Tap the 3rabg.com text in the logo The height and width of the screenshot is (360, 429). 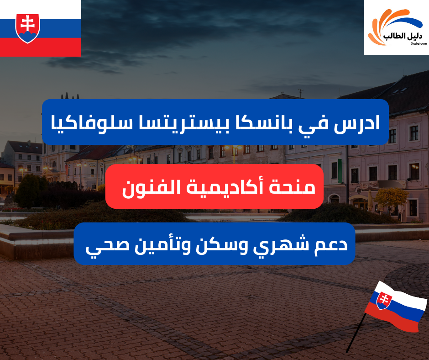coord(418,44)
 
